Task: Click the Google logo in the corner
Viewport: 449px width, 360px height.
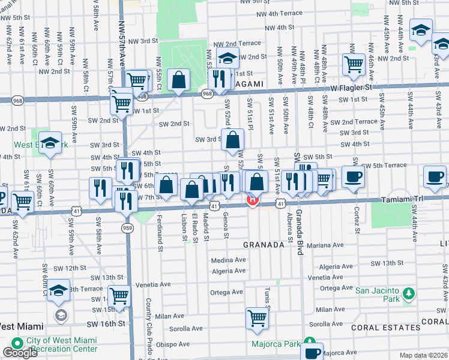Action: pyautogui.click(x=19, y=353)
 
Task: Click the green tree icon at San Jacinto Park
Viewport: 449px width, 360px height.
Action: pyautogui.click(x=409, y=293)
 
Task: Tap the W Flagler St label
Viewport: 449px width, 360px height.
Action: pyautogui.click(x=352, y=87)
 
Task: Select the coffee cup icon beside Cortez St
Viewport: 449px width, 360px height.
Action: pyautogui.click(x=354, y=176)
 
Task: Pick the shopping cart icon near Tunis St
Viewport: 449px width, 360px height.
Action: pyautogui.click(x=258, y=317)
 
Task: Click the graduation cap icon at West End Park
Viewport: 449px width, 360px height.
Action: pyautogui.click(x=50, y=142)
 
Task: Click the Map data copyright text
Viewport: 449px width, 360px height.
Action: pyautogui.click(x=423, y=355)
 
